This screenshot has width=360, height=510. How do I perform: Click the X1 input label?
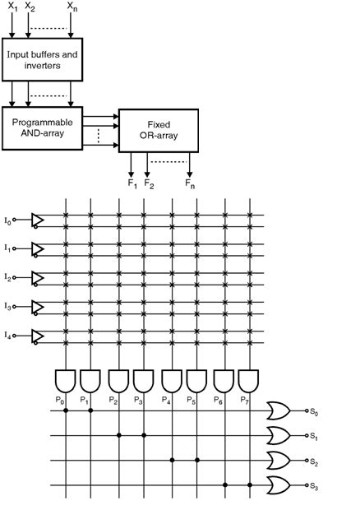12,7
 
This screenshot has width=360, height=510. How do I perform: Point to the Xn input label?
72,7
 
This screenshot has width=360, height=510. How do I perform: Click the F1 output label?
132,183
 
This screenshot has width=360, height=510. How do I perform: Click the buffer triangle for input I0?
37,219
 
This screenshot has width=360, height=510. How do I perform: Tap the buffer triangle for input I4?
37,336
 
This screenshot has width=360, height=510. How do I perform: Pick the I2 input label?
8,276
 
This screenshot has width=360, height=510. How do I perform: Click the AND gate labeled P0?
65,380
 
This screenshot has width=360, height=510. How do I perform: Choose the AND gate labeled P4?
171,380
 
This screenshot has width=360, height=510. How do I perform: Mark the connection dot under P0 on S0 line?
65,409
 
